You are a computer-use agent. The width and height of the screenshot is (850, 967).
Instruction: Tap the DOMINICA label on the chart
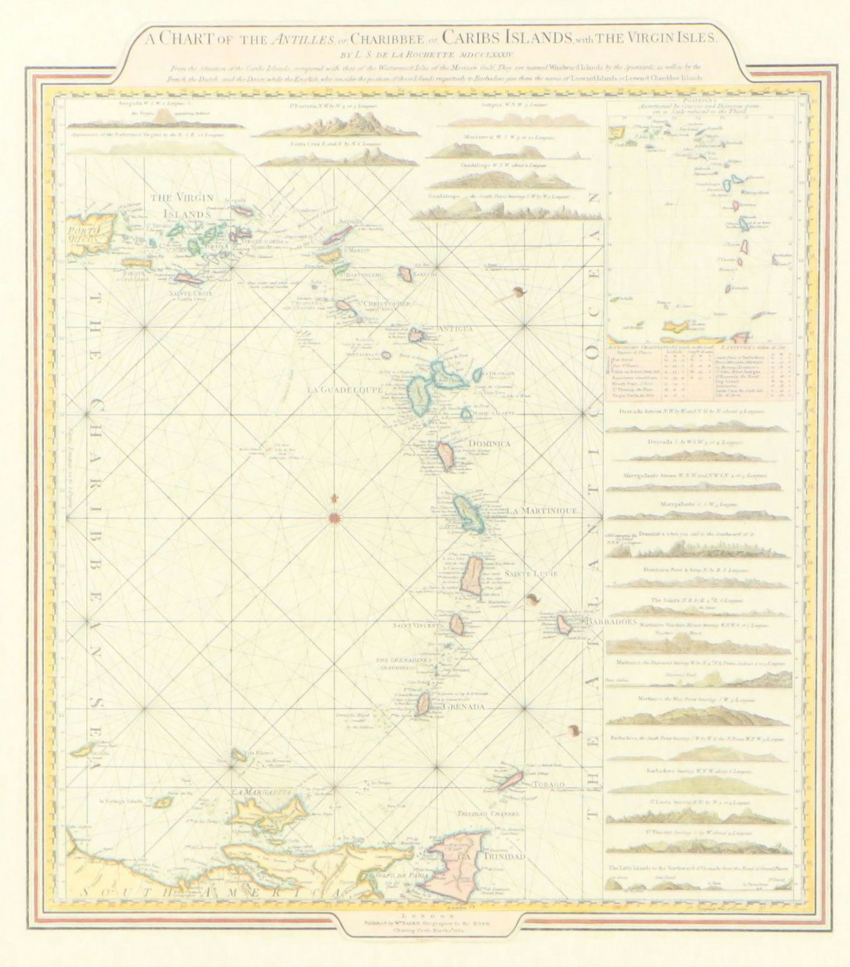[489, 443]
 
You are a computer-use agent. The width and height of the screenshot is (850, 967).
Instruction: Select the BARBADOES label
[610, 622]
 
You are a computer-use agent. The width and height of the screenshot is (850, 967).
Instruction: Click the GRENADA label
[463, 707]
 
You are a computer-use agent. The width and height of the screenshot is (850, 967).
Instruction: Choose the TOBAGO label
[548, 784]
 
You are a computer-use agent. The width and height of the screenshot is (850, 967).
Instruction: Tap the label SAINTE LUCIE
[529, 573]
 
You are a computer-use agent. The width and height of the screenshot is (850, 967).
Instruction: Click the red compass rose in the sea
[335, 517]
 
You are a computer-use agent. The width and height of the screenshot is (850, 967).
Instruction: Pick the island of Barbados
[566, 624]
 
